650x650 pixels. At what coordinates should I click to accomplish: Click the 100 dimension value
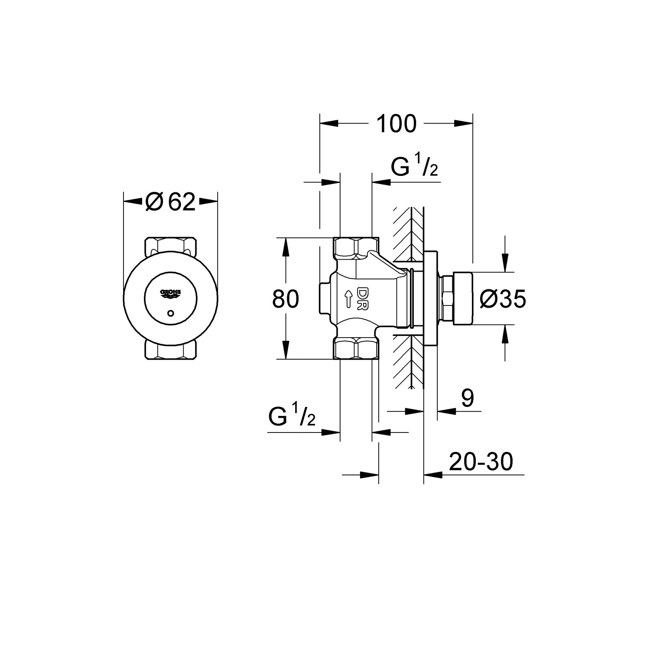pos(396,124)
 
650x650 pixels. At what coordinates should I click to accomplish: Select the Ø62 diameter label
pos(171,201)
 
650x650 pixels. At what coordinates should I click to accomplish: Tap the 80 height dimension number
pos(286,299)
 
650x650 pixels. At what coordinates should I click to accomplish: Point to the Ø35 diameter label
pos(503,299)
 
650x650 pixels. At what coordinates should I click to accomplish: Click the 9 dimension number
pos(467,398)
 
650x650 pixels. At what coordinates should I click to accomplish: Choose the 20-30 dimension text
pos(481,462)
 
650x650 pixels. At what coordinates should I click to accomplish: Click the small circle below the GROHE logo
pos(171,312)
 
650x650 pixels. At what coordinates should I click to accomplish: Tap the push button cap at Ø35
pos(462,298)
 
